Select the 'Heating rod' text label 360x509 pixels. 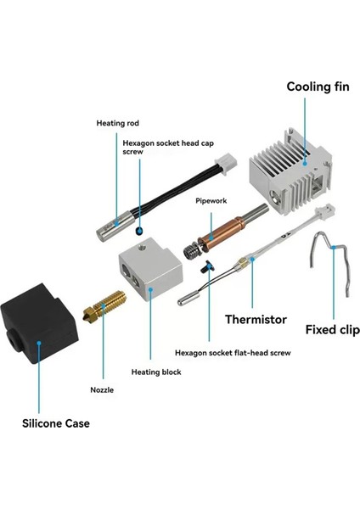[117, 123]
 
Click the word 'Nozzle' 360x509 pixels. [101, 390]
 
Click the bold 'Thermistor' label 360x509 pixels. [256, 319]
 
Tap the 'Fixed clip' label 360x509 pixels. [332, 328]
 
